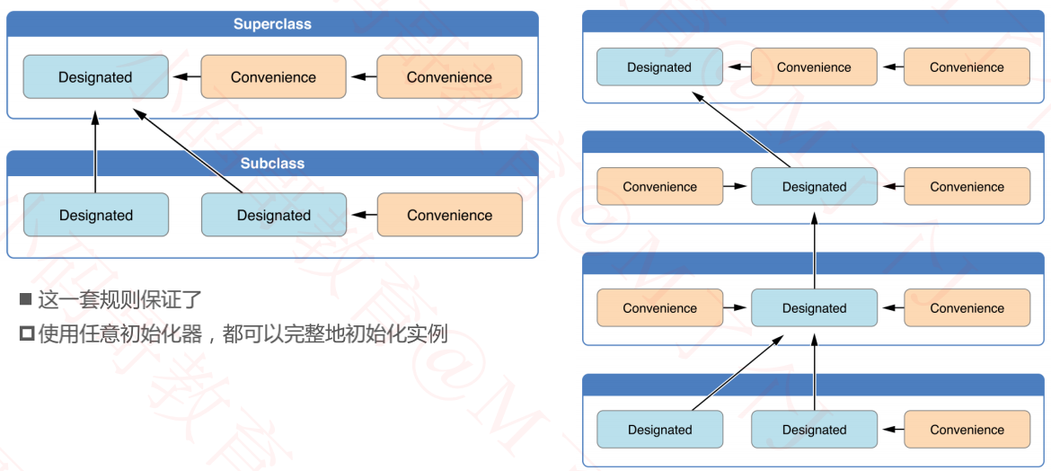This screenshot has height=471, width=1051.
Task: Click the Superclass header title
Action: (272, 24)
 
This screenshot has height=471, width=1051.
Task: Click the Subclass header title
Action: (272, 164)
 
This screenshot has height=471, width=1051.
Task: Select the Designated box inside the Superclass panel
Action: (95, 77)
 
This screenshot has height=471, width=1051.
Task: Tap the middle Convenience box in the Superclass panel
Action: (273, 77)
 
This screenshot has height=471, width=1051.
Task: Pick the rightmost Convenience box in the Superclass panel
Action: (449, 77)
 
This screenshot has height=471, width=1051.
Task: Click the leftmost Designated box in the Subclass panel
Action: (96, 215)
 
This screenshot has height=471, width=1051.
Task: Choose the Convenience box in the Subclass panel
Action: (449, 215)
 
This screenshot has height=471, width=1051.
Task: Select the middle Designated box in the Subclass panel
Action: (273, 215)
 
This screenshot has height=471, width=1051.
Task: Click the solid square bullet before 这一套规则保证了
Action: (26, 299)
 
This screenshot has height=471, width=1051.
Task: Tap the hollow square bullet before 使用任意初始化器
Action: (26, 334)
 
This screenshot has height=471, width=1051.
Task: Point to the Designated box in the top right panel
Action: (659, 67)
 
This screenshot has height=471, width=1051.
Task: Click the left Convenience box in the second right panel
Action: (659, 187)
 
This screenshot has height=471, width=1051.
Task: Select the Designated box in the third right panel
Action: (814, 308)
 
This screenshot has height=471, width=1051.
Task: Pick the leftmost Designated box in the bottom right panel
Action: (659, 430)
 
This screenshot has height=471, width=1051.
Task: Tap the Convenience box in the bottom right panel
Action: (967, 430)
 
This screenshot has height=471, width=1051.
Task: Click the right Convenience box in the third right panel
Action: (967, 308)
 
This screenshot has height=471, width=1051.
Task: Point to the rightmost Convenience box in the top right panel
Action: (967, 67)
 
